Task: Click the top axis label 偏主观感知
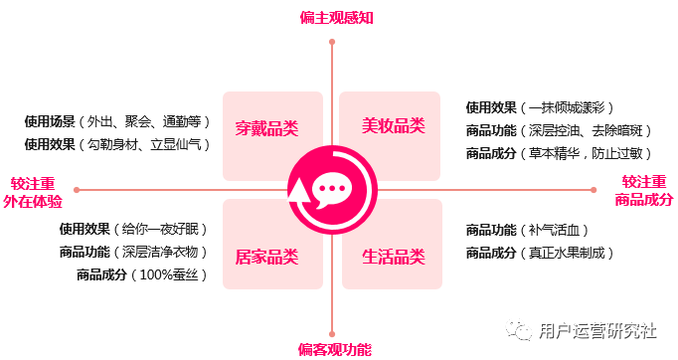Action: tap(337, 17)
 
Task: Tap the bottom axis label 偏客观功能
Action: tap(335, 349)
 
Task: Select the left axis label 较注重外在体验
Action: tap(33, 192)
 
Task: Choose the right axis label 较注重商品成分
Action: tap(643, 191)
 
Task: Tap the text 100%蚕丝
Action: tap(175, 274)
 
